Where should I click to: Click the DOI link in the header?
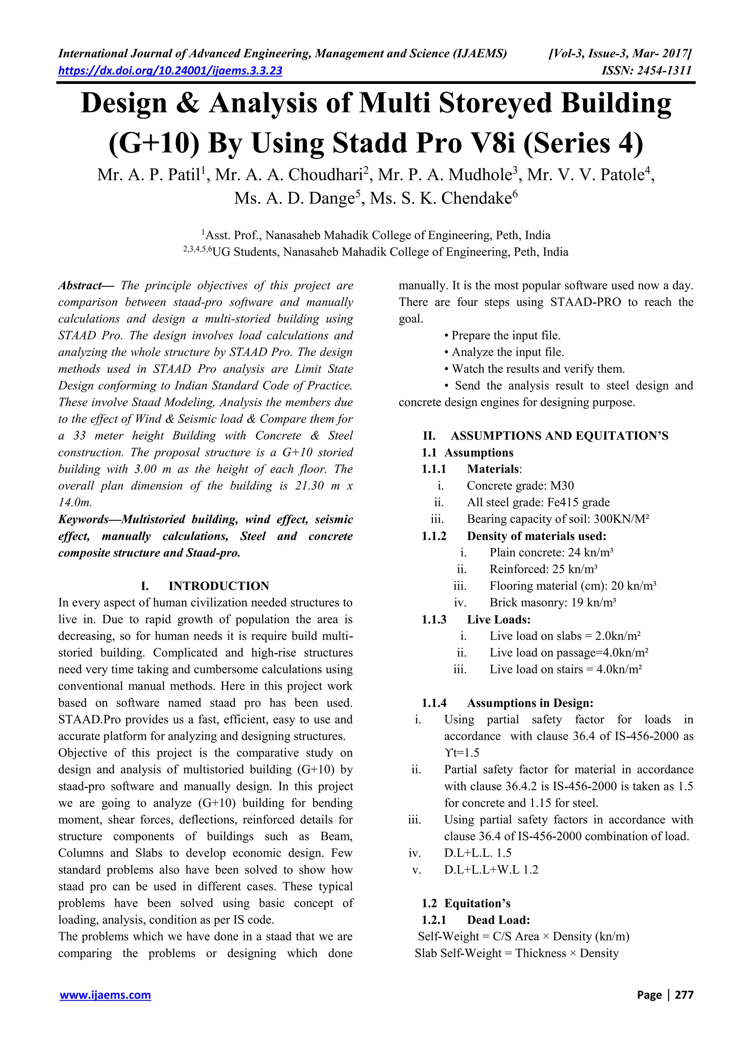[x=170, y=70]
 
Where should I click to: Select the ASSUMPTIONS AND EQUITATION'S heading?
[x=559, y=436]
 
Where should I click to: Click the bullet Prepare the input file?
[x=506, y=335]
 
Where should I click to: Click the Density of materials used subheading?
[x=536, y=536]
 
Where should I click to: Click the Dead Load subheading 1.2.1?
[x=498, y=920]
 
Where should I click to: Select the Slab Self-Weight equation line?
[x=516, y=953]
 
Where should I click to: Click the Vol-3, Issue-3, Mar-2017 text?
[x=619, y=54]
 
